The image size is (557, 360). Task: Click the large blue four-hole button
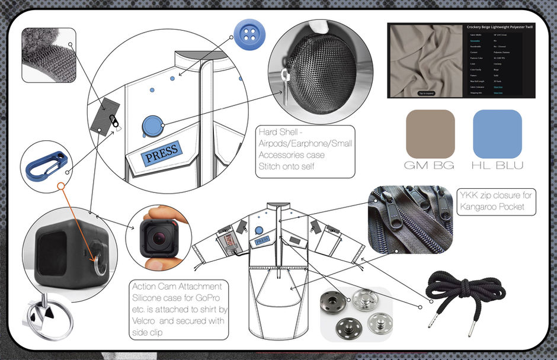(x=249, y=34)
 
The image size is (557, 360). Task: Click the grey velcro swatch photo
(x=48, y=54)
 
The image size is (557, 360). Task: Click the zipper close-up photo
(x=409, y=219)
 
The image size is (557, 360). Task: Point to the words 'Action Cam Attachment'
(x=178, y=286)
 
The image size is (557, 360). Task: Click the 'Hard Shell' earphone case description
(x=305, y=150)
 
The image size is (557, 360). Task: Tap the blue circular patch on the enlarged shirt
(x=153, y=125)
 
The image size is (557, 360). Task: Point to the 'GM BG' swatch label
(x=430, y=165)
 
